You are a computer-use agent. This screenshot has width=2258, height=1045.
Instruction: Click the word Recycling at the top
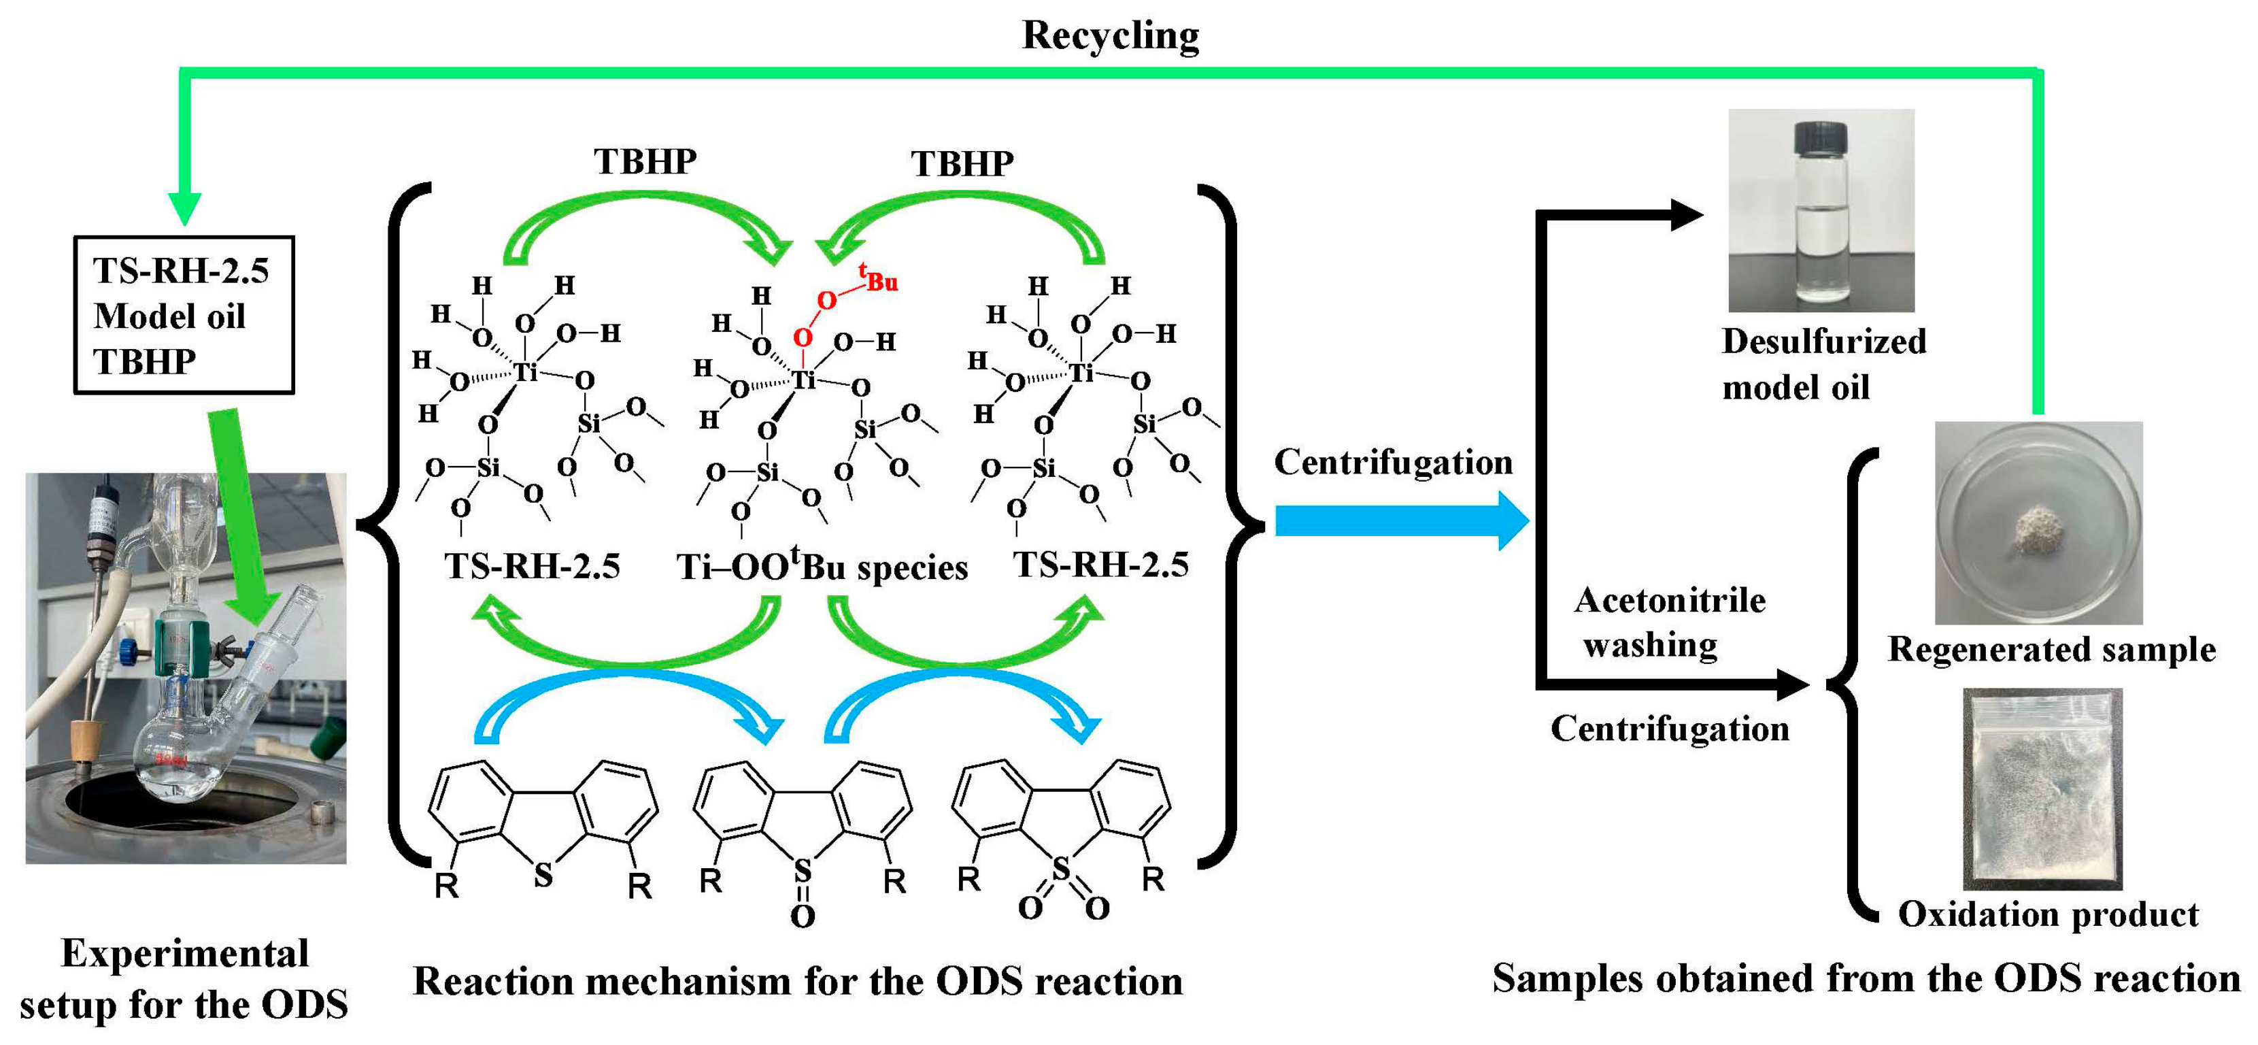(1110, 35)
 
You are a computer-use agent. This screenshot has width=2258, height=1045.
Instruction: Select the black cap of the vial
(1821, 137)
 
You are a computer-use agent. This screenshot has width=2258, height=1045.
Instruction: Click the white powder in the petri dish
(2037, 529)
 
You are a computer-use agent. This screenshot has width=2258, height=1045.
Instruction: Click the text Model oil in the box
(169, 316)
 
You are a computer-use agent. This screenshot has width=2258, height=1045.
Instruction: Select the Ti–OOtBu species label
(822, 567)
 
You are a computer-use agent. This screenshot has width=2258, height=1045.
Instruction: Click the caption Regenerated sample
(2051, 650)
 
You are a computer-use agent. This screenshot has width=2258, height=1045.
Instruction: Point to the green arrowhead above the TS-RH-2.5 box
(184, 209)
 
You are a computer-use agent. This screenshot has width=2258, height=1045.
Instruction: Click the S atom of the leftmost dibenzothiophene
(543, 874)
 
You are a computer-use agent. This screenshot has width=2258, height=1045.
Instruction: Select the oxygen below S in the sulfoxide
(802, 917)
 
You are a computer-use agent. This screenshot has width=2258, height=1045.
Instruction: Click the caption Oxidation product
(2048, 914)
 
